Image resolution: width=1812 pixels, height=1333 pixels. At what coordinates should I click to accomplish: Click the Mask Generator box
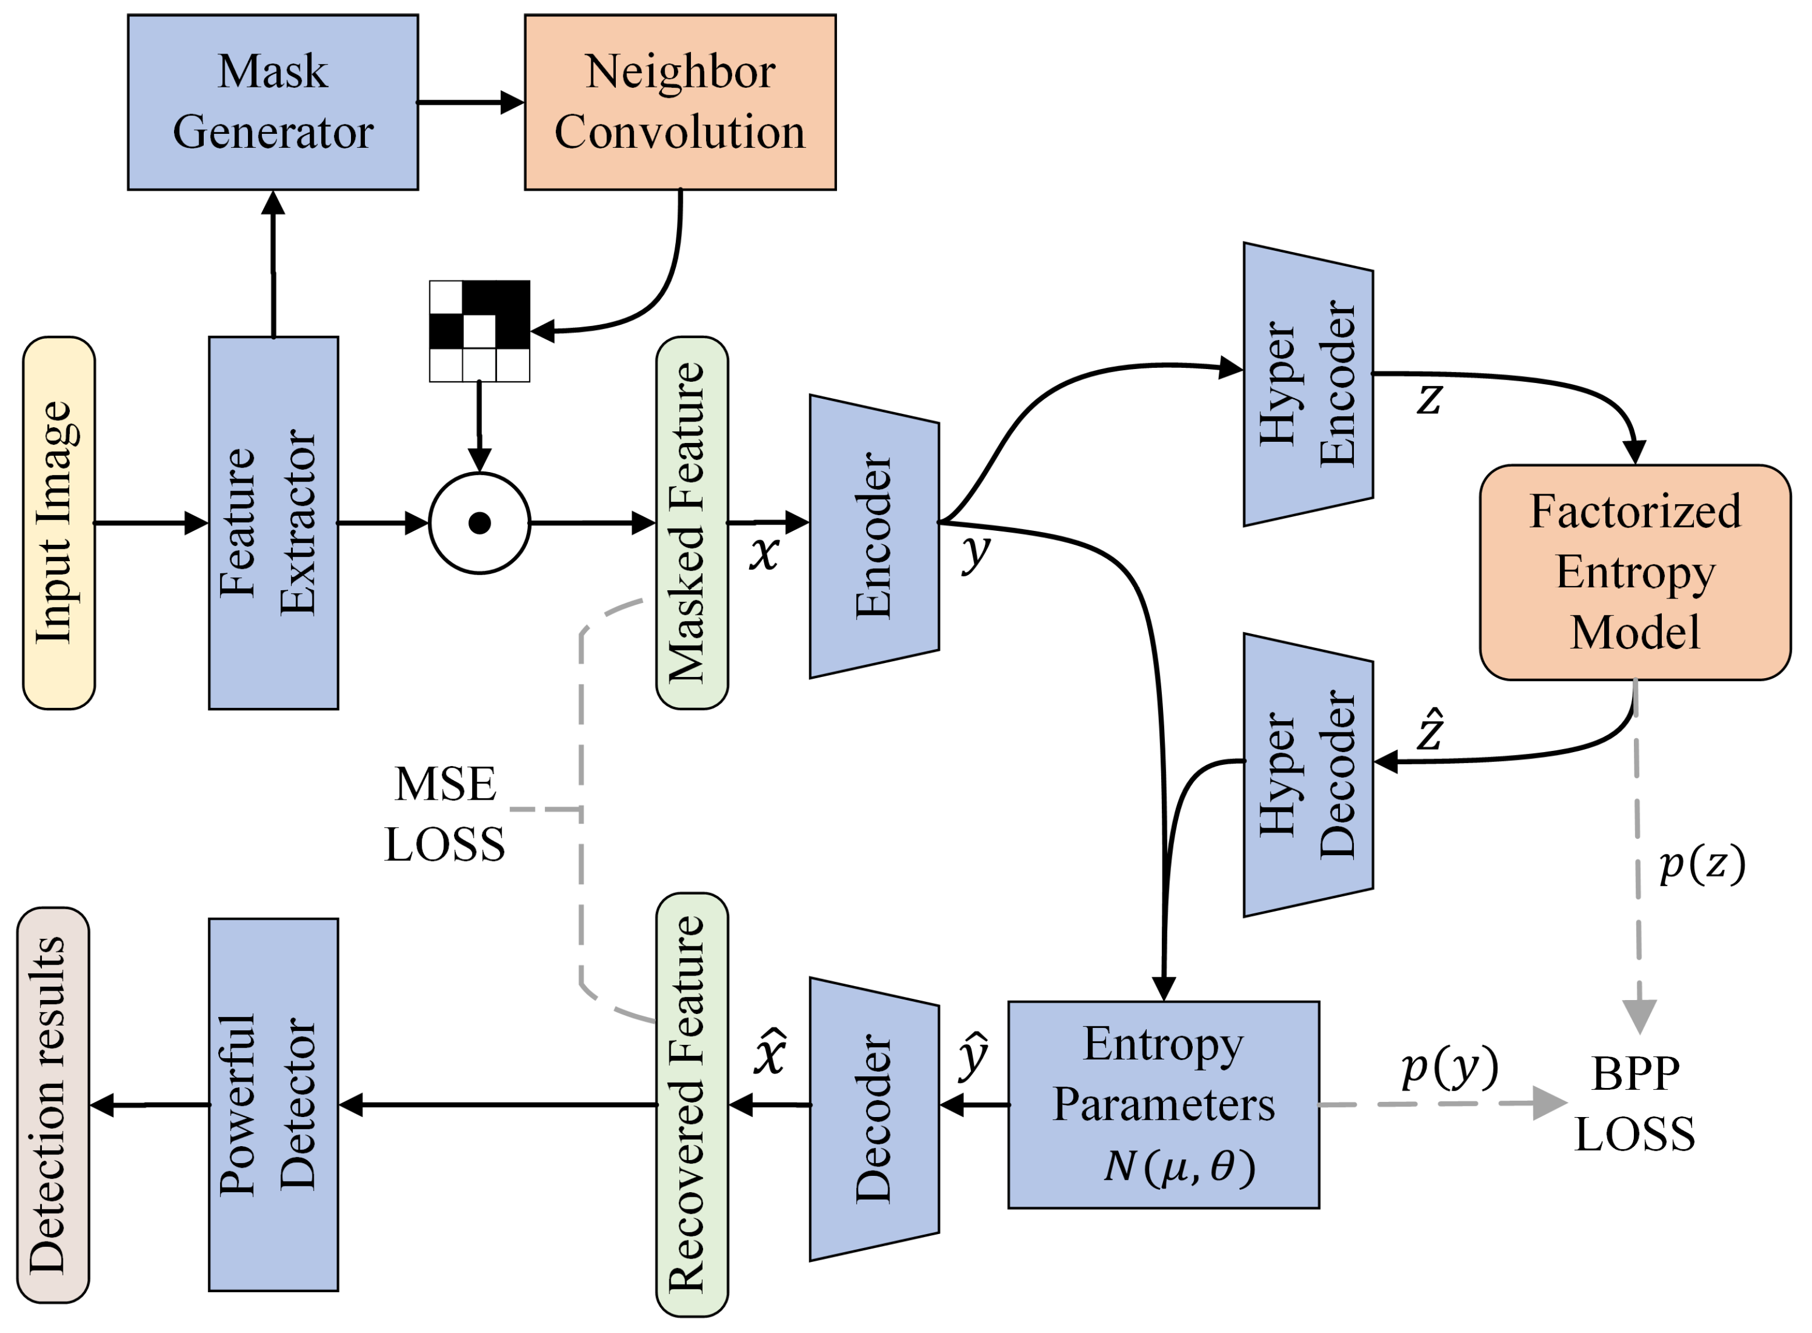[272, 102]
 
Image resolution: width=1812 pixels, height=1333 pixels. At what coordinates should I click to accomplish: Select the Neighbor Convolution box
[679, 102]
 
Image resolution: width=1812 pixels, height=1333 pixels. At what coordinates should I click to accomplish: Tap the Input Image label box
[59, 523]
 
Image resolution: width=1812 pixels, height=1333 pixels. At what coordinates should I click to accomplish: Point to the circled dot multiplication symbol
[479, 523]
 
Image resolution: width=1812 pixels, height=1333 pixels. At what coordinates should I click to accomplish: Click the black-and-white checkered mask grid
[479, 331]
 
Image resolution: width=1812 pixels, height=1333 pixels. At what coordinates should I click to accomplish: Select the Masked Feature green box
[692, 523]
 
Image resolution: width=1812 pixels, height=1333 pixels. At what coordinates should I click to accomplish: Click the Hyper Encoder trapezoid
[1307, 384]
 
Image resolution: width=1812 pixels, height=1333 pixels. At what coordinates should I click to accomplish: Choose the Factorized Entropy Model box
[1634, 572]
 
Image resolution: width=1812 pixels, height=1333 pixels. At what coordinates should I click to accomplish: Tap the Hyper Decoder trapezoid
[1307, 775]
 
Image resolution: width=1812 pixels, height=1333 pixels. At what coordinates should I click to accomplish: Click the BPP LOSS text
[1634, 1104]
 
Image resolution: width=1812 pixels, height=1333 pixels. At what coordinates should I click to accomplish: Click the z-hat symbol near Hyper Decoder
[1430, 731]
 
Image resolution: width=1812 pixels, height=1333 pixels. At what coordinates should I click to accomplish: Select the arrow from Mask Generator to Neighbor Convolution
[470, 102]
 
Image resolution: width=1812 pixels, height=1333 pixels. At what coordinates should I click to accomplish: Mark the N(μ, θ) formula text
[1179, 1166]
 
